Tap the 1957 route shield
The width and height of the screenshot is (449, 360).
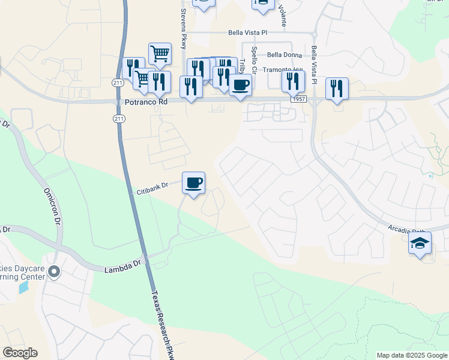(298, 98)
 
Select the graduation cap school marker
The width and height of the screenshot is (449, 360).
(420, 244)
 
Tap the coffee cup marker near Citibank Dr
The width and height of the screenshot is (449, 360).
(193, 182)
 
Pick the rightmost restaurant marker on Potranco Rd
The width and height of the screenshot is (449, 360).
(337, 89)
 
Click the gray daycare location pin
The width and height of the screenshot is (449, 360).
(53, 273)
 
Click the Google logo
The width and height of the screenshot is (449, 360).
(20, 353)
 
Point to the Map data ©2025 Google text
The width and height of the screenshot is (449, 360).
(411, 355)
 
